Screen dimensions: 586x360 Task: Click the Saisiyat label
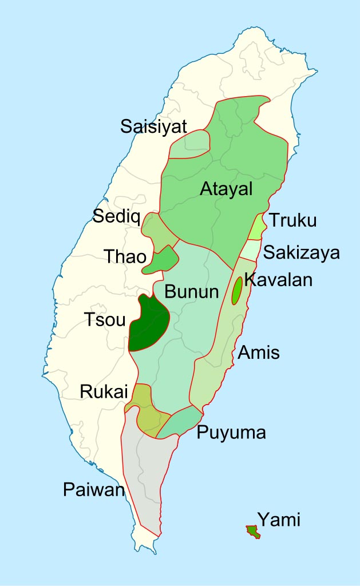pos(154,126)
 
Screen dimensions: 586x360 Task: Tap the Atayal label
pos(226,188)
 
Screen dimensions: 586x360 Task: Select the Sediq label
pos(116,216)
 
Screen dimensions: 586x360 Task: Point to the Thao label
pos(125,256)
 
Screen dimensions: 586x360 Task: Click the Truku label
pos(292,220)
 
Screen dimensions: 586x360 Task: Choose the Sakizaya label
pos(302,252)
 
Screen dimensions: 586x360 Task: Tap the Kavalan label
pos(278,280)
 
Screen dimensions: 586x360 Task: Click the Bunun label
pos(192,292)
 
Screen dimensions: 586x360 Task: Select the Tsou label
pos(105,320)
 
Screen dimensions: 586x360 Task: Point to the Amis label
pos(259,353)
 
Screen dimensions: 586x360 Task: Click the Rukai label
pos(101,391)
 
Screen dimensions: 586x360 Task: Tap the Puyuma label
pos(231,432)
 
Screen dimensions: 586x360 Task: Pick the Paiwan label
pos(94,490)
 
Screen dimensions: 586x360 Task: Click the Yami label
pos(279,520)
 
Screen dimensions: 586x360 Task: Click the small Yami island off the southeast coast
pos(252,532)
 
